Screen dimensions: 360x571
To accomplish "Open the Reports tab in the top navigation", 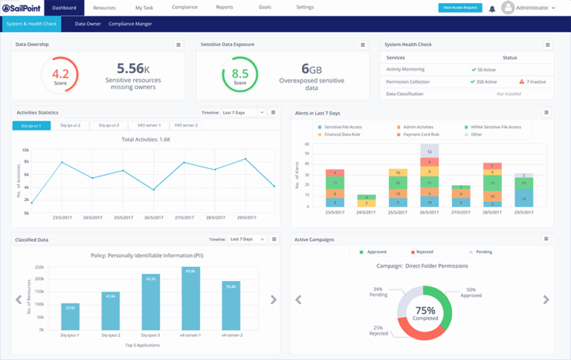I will pos(224,7).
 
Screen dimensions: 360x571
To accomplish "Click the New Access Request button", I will pos(459,7).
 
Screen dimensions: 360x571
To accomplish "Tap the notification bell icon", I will pos(492,9).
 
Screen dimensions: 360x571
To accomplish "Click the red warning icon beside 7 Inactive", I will pos(521,82).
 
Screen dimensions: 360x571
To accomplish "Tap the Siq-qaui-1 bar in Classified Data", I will pos(70,317).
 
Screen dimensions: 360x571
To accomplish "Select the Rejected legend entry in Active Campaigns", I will pos(421,252).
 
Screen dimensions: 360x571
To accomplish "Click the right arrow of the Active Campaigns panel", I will pos(546,300).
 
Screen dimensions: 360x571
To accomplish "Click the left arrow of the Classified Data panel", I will pos(19,300).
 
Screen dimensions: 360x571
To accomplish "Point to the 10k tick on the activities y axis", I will pos(25,150).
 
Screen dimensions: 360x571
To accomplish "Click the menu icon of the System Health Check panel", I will pos(547,45).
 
